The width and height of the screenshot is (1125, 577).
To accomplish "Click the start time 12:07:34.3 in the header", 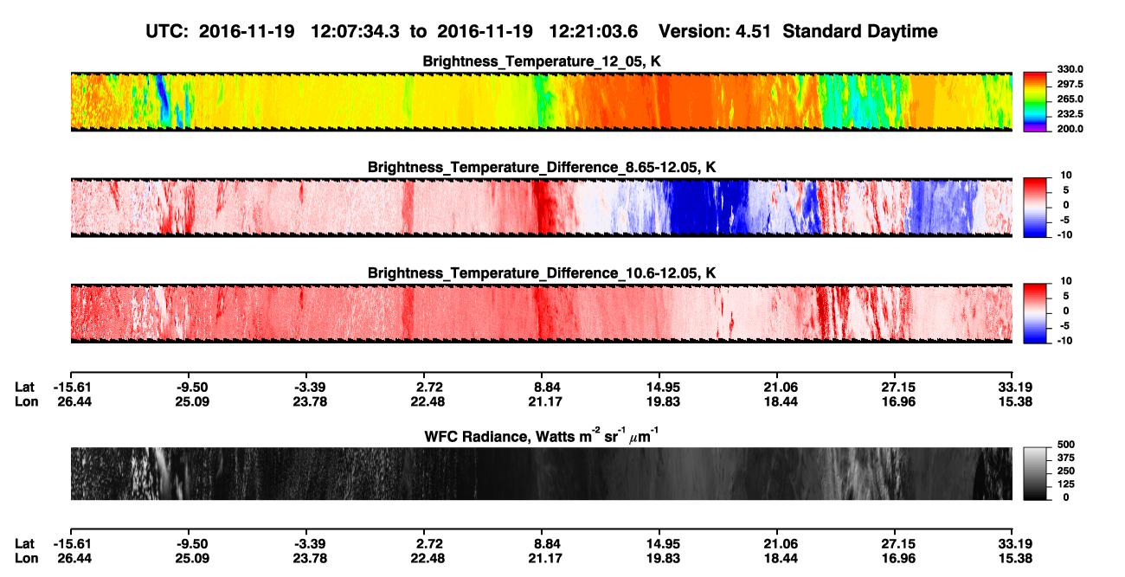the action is pyautogui.click(x=355, y=32).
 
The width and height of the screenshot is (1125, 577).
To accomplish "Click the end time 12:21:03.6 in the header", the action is pyautogui.click(x=593, y=32).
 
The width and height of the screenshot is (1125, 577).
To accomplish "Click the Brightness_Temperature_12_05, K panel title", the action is pyautogui.click(x=542, y=61).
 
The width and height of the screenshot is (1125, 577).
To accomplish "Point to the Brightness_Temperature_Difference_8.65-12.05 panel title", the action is pyautogui.click(x=542, y=167).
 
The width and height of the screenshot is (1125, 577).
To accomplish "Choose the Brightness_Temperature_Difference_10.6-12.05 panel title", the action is pyautogui.click(x=542, y=273).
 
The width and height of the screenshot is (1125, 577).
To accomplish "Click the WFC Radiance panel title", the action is pyautogui.click(x=541, y=435).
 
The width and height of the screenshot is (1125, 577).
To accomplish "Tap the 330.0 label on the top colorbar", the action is pyautogui.click(x=1070, y=69).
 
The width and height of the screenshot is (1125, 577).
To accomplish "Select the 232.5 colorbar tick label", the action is pyautogui.click(x=1070, y=114).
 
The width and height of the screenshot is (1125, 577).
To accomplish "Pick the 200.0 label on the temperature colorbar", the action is pyautogui.click(x=1070, y=129).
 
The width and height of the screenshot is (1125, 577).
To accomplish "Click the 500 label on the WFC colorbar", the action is pyautogui.click(x=1066, y=445).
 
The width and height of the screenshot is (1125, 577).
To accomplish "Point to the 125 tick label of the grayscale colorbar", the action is pyautogui.click(x=1066, y=484).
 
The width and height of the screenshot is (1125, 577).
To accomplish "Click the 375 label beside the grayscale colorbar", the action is pyautogui.click(x=1066, y=458).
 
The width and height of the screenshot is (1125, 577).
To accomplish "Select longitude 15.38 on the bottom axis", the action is pyautogui.click(x=1015, y=559).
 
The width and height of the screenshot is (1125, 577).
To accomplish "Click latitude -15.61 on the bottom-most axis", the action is pyautogui.click(x=73, y=544).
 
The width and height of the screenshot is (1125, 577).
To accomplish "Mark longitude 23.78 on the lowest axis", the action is pyautogui.click(x=310, y=559).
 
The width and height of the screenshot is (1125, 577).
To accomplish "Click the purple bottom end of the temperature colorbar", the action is pyautogui.click(x=1035, y=130).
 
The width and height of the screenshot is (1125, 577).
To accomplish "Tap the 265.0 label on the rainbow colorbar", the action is pyautogui.click(x=1070, y=99).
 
